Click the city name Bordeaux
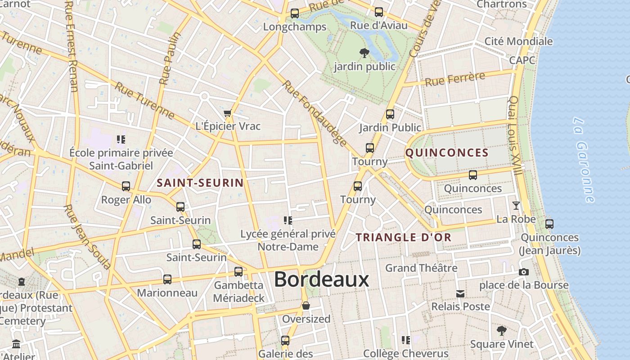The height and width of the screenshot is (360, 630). click(x=321, y=279)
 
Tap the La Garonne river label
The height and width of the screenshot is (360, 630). click(x=585, y=159)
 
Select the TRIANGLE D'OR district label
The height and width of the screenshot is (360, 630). click(x=404, y=238)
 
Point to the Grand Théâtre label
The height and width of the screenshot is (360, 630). click(x=421, y=268)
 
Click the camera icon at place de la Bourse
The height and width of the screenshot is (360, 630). click(x=523, y=272)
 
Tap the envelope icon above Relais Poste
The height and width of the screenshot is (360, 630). click(x=460, y=294)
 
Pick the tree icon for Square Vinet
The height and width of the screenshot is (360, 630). click(x=501, y=331)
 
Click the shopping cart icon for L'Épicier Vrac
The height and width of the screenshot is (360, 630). click(x=228, y=113)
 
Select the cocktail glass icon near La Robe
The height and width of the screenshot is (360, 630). click(x=516, y=206)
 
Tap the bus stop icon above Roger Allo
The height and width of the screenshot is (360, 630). click(x=126, y=186)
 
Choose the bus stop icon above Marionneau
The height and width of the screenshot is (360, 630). click(x=167, y=279)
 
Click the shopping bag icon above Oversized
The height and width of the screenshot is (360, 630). click(x=306, y=306)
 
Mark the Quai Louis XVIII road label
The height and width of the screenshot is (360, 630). click(x=515, y=135)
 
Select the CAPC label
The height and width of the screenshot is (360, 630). click(x=522, y=60)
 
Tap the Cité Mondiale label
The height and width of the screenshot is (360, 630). click(x=518, y=41)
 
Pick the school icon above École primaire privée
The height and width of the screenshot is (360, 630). click(x=121, y=139)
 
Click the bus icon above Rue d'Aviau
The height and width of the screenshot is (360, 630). click(x=379, y=12)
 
